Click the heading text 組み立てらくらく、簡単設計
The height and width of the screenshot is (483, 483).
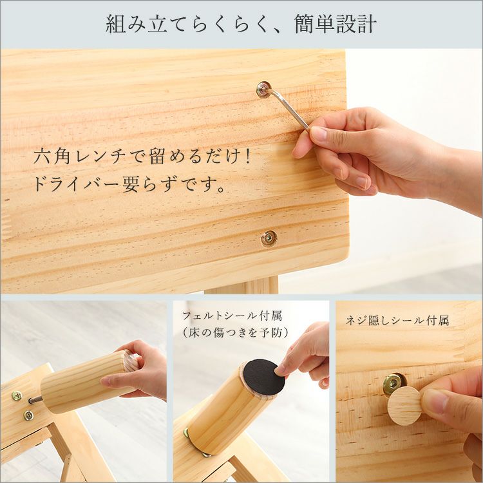[241, 24]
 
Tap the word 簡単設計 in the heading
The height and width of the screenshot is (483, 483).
[335, 24]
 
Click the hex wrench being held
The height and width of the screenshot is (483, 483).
[288, 106]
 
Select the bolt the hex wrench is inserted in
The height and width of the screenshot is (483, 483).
[263, 90]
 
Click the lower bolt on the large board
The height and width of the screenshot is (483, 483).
[269, 238]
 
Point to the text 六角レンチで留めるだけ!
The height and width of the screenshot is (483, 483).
[142, 156]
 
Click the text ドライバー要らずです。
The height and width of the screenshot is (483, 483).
[129, 184]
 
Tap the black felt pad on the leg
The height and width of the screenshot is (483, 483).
[263, 377]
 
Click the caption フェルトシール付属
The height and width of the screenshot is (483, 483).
[232, 316]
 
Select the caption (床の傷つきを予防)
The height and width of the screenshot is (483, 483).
[235, 332]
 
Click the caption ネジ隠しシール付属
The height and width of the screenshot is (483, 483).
[397, 321]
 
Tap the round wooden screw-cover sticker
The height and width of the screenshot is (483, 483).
[404, 406]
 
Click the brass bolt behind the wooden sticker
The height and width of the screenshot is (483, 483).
[393, 384]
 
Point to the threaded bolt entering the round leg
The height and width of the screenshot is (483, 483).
[35, 400]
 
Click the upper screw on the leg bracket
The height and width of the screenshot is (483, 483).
[17, 395]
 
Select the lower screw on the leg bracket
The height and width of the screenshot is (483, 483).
[28, 415]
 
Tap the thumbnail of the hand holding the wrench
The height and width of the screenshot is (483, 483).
[319, 133]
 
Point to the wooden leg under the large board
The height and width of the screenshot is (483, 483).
[242, 285]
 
